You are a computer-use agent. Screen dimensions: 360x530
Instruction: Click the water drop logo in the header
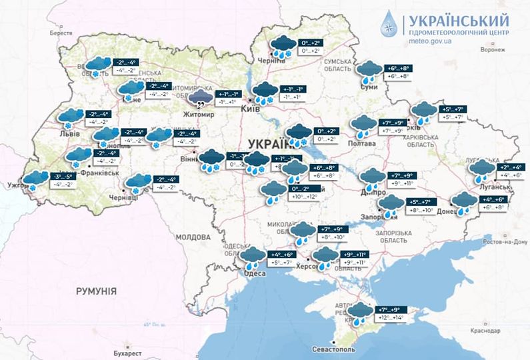click(x=389, y=24)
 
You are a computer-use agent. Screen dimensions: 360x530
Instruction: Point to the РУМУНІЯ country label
click(x=96, y=291)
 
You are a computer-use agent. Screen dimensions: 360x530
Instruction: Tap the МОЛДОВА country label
click(x=193, y=237)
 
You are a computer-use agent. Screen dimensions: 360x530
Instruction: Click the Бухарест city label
click(x=126, y=352)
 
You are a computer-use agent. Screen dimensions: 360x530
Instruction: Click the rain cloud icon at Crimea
click(x=360, y=313)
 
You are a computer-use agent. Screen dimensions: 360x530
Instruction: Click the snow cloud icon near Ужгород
click(x=32, y=181)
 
